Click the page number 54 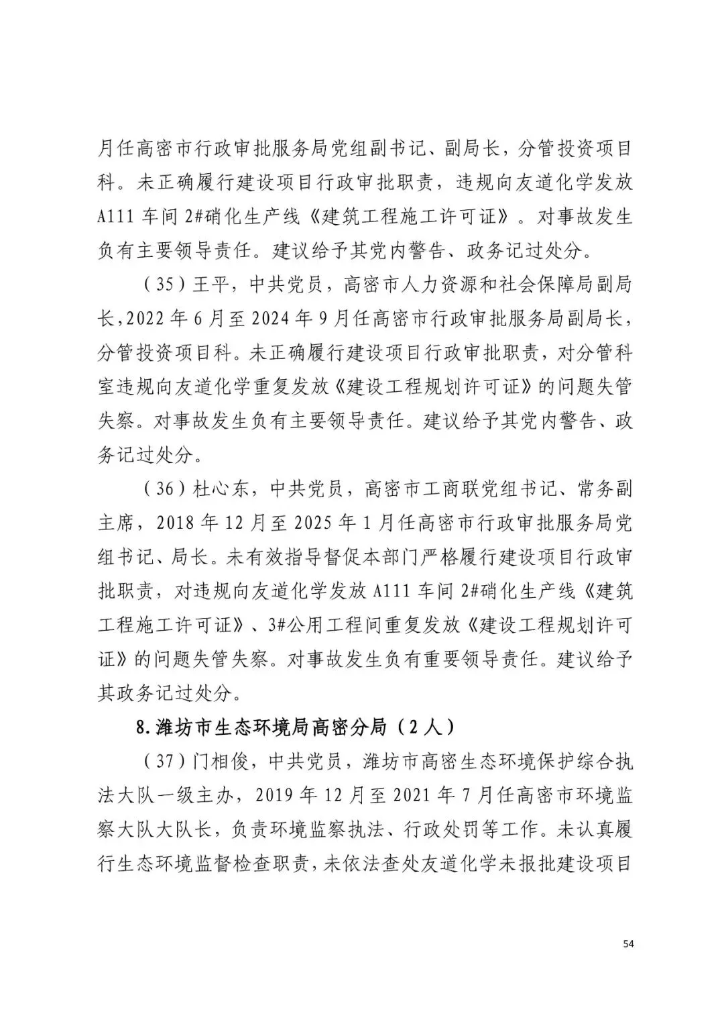point(627,943)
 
